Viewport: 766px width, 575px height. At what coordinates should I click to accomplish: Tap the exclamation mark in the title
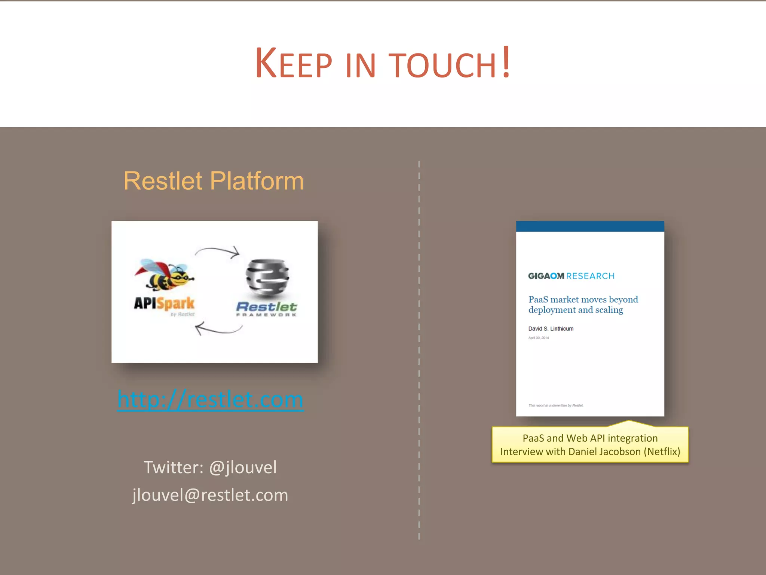click(x=506, y=62)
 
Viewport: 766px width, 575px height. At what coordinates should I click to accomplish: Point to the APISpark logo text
click(x=164, y=303)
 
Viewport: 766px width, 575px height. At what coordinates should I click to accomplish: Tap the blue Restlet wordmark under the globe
click(x=266, y=307)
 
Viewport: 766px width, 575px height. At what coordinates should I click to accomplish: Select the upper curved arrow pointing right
click(x=218, y=252)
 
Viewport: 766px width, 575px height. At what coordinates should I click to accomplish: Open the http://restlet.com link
click(x=210, y=399)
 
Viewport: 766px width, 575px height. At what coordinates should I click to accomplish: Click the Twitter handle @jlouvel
click(x=243, y=468)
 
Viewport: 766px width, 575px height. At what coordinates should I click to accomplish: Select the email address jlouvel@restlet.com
click(x=210, y=495)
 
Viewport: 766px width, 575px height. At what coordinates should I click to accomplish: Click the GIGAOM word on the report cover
click(x=546, y=276)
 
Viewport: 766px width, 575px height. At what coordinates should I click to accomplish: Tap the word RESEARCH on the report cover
click(x=590, y=276)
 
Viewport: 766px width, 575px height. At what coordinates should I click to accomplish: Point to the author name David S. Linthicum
click(x=551, y=329)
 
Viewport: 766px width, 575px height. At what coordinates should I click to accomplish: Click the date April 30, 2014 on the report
click(x=539, y=338)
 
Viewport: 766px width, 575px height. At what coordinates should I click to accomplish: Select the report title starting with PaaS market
click(x=583, y=304)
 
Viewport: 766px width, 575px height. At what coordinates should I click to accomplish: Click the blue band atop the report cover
click(x=590, y=226)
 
